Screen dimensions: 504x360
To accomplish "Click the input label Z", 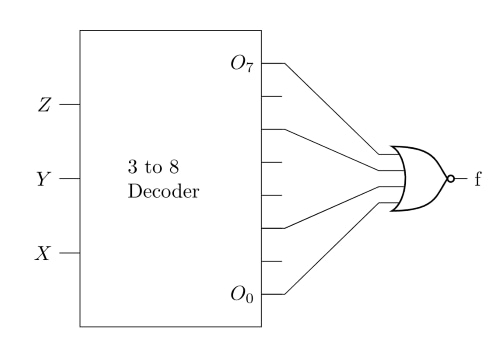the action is (x=44, y=105).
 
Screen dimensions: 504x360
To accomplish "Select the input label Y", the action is (x=44, y=179).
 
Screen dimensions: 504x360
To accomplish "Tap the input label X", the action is (x=43, y=253).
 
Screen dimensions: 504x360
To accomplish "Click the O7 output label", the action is (x=242, y=63).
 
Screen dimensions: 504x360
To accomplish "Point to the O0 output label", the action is (x=242, y=295).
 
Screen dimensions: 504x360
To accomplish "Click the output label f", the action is (x=478, y=179).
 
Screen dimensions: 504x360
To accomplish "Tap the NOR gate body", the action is (x=419, y=179).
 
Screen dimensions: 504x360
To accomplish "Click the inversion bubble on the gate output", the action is (x=450, y=179).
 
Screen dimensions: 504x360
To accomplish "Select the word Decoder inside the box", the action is (x=163, y=192).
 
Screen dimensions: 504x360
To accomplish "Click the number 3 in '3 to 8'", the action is (x=132, y=167).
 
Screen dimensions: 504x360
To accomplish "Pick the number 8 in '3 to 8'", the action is (x=174, y=167).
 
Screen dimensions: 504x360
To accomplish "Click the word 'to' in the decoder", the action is (x=153, y=167).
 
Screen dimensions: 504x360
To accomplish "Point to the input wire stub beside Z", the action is (x=70, y=105).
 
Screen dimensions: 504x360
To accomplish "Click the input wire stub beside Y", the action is (x=70, y=179).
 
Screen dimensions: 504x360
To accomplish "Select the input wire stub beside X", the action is (x=70, y=253).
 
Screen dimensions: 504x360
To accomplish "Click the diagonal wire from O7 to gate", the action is (x=332, y=109).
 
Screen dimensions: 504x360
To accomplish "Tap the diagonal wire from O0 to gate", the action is (x=332, y=248).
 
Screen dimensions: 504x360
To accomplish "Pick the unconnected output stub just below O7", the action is (x=272, y=96).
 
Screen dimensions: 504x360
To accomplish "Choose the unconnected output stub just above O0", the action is (x=272, y=262).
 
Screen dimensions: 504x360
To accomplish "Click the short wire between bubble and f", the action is (x=461, y=179).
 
